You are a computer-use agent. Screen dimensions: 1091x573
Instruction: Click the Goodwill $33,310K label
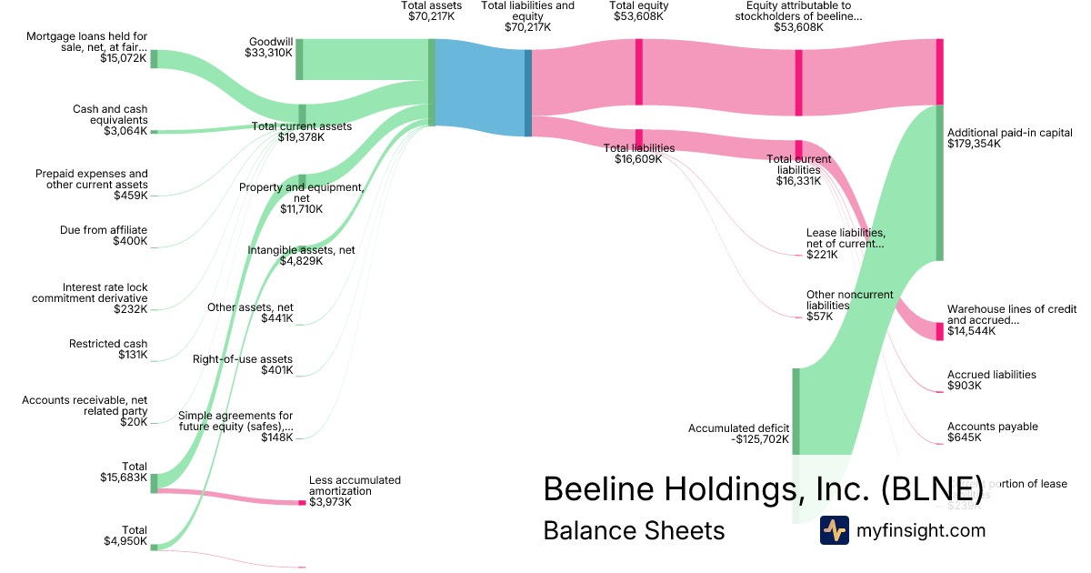tap(269, 47)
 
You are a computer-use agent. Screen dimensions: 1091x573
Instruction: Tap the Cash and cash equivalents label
tap(109, 120)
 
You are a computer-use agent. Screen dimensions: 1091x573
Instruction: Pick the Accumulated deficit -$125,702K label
tap(739, 434)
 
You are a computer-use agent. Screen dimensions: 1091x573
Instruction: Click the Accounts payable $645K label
tap(992, 432)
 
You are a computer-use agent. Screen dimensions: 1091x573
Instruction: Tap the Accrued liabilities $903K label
tap(991, 380)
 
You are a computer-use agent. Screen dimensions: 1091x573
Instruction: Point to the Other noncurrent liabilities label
tap(849, 306)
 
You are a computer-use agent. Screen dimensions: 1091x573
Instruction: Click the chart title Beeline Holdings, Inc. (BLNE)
tap(763, 488)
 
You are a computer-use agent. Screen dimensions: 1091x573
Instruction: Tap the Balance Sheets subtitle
tap(634, 530)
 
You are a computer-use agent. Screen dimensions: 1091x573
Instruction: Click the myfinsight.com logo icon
tap(835, 530)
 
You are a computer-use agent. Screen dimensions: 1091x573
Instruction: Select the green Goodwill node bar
tap(299, 59)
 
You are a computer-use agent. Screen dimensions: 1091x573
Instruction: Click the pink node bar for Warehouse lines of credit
tap(940, 331)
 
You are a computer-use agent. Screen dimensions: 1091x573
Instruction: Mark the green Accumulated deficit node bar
tap(796, 411)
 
